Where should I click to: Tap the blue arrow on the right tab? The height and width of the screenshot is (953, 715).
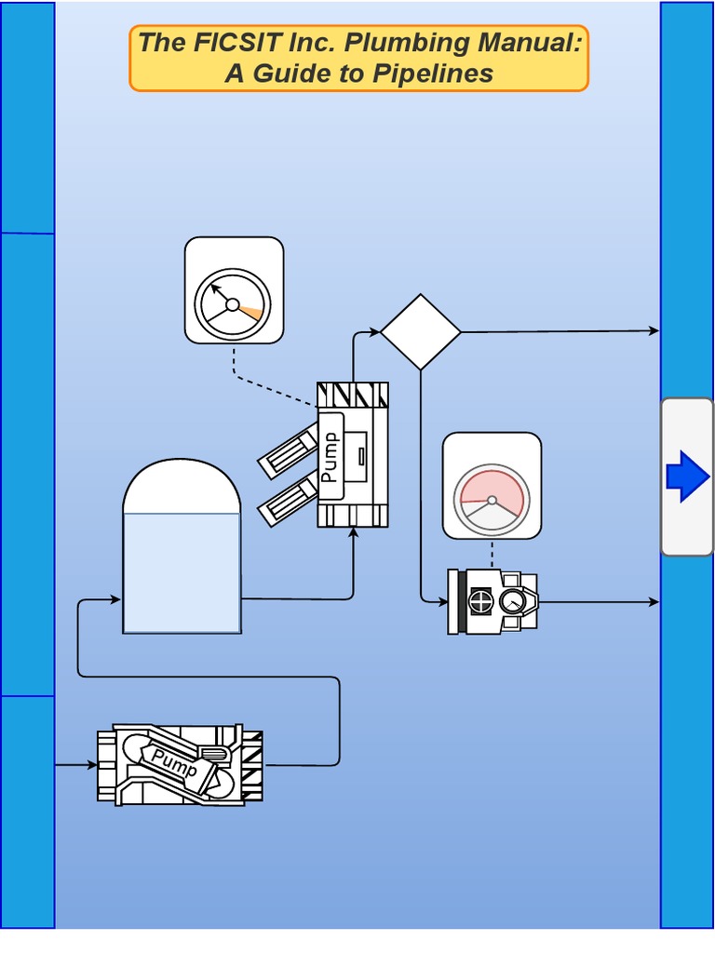(x=688, y=476)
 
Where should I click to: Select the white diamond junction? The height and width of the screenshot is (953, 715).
(x=421, y=331)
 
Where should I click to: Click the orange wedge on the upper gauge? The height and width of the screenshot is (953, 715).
(x=249, y=311)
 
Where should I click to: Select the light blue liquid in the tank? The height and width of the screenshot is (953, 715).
(x=182, y=572)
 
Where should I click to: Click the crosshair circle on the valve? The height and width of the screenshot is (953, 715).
(x=480, y=601)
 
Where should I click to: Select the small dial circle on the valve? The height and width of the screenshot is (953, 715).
(x=511, y=602)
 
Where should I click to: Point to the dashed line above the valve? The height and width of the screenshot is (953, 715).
(x=492, y=554)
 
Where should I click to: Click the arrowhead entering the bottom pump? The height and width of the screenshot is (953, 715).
(x=92, y=765)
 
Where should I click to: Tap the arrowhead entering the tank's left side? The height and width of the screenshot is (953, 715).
(x=116, y=600)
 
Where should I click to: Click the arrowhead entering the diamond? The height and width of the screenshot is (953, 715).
(x=375, y=331)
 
